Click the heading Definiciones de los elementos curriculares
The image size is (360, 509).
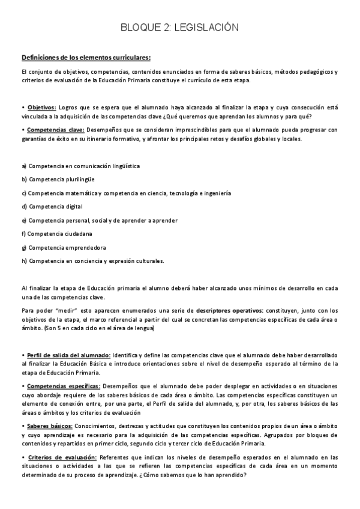(86, 58)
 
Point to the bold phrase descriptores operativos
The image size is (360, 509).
(229, 310)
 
